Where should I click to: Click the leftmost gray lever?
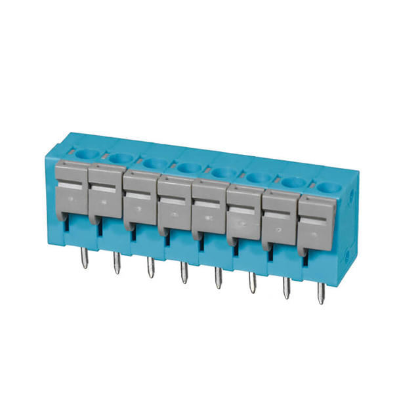coord(71,190)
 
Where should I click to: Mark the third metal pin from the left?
coord(150,268)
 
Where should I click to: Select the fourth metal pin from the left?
coord(184,274)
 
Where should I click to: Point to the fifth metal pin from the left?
coord(218,278)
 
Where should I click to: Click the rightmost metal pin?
coord(321,293)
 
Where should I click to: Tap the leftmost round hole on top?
coord(85,154)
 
